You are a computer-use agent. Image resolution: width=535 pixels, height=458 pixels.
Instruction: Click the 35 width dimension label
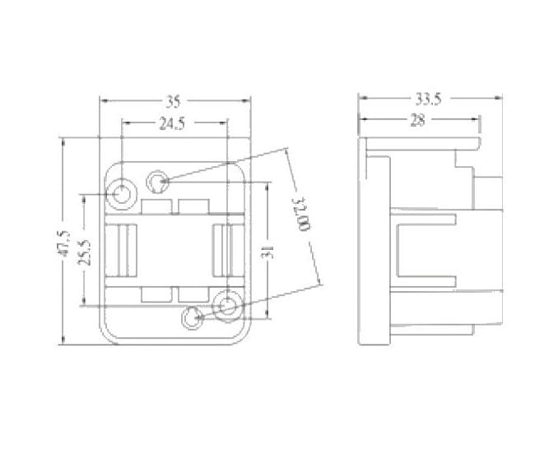point(173,102)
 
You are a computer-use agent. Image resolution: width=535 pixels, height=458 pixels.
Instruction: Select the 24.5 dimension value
point(172,123)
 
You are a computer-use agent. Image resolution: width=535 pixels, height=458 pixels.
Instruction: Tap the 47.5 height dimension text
point(63,243)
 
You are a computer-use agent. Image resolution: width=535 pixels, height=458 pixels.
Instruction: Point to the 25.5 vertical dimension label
point(84,252)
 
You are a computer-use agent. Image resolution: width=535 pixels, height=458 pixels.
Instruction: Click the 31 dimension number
point(267,252)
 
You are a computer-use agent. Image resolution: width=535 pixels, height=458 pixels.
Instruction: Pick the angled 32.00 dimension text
point(301,214)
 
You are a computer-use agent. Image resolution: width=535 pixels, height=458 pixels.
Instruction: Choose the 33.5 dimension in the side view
point(429,99)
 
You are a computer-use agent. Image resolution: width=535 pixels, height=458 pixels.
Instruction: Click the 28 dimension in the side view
point(418,120)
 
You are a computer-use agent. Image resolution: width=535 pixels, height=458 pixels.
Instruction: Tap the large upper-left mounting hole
point(122,194)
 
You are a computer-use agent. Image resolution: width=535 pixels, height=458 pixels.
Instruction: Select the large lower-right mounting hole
point(227,305)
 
